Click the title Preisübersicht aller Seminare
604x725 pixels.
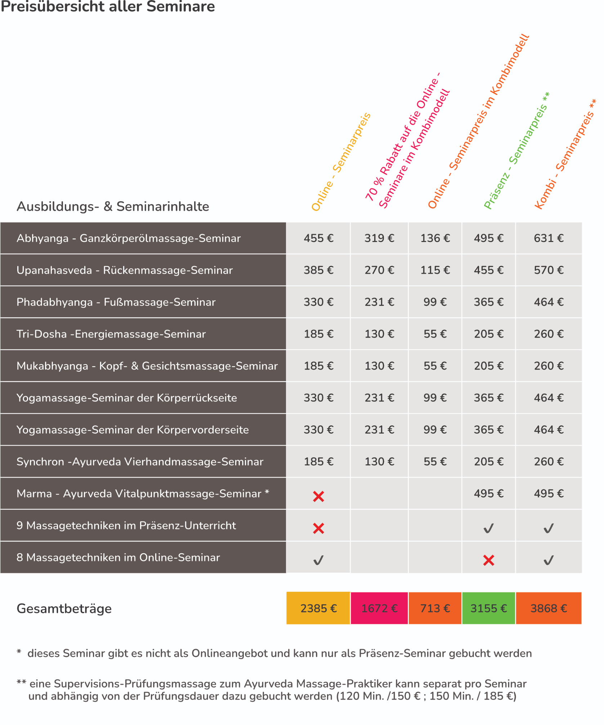(x=108, y=7)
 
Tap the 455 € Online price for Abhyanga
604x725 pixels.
(x=318, y=238)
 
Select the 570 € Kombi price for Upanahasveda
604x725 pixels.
(x=549, y=270)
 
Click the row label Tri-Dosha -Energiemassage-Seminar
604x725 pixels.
(x=111, y=334)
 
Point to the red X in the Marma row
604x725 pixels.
(x=318, y=497)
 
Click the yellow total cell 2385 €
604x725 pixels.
(x=318, y=608)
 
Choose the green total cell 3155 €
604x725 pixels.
(x=488, y=608)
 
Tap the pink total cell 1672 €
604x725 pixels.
(x=379, y=608)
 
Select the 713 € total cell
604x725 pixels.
(x=435, y=608)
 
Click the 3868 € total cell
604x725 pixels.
(x=549, y=608)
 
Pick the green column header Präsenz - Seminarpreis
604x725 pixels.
(x=516, y=151)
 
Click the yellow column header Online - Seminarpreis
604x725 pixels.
(x=341, y=162)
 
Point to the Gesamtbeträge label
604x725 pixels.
(x=64, y=609)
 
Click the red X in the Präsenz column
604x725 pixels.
(x=488, y=560)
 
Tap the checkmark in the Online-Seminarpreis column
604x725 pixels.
(x=318, y=560)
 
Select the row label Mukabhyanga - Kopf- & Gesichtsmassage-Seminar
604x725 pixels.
(x=147, y=366)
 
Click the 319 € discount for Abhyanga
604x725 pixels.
(x=379, y=238)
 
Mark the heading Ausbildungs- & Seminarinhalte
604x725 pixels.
(x=113, y=207)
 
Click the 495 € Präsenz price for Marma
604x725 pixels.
(x=488, y=494)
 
